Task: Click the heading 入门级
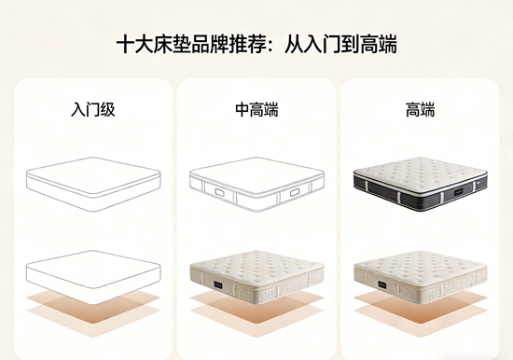92,110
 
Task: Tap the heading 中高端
256,110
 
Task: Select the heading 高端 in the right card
420,110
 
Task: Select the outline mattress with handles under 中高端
256,184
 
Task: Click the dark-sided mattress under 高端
420,182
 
